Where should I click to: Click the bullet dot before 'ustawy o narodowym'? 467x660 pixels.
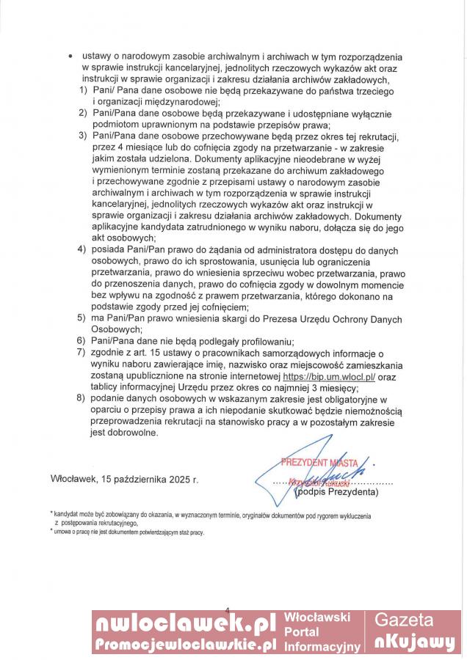(x=69, y=57)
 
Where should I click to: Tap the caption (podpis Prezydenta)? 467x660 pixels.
(x=336, y=493)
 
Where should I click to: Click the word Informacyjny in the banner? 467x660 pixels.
(x=322, y=647)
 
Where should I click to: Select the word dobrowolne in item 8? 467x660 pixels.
(x=132, y=433)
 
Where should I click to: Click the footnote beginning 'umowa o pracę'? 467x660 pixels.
(x=128, y=532)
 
